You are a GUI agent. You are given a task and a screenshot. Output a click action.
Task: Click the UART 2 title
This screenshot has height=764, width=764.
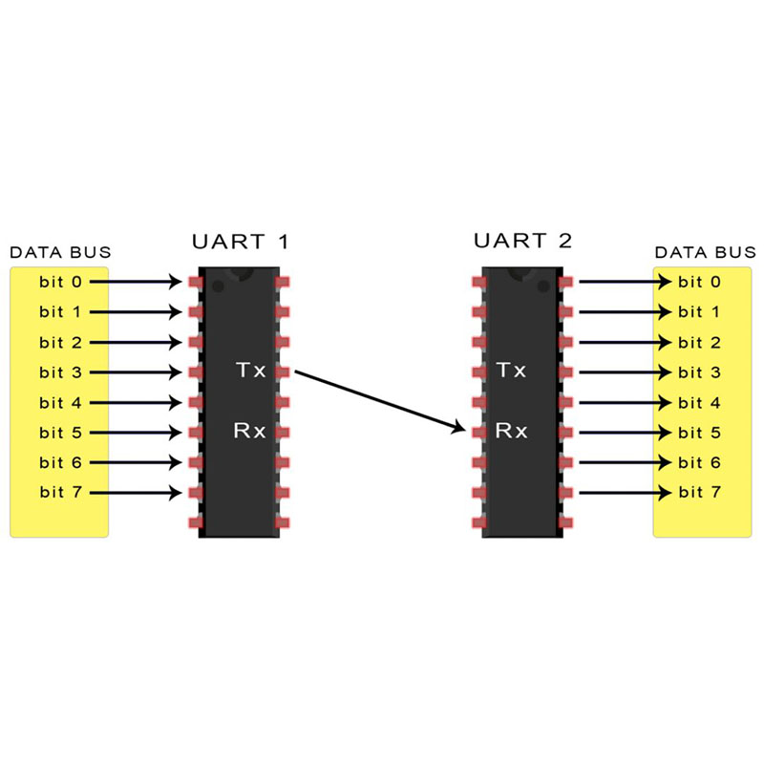coord(522,240)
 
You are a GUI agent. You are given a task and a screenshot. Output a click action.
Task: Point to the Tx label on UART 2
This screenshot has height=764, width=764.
coord(511,370)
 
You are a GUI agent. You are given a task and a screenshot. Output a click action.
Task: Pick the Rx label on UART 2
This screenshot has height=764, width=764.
coord(511,431)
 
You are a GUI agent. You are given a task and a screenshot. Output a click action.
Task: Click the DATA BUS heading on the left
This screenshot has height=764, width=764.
coord(59,253)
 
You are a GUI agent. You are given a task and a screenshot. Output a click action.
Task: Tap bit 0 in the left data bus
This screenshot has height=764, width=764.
coord(59,282)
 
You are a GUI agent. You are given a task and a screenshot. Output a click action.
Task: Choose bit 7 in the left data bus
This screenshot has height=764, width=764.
coord(59,493)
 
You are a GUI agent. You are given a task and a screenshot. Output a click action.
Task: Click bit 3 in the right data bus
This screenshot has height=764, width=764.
coord(699,371)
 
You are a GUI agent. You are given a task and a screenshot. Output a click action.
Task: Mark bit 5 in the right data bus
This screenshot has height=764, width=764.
coord(699,433)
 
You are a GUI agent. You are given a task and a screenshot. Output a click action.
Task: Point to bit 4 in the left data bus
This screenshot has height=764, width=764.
coord(59,402)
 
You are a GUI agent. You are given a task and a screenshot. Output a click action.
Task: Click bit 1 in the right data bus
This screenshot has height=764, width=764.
coord(699,311)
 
